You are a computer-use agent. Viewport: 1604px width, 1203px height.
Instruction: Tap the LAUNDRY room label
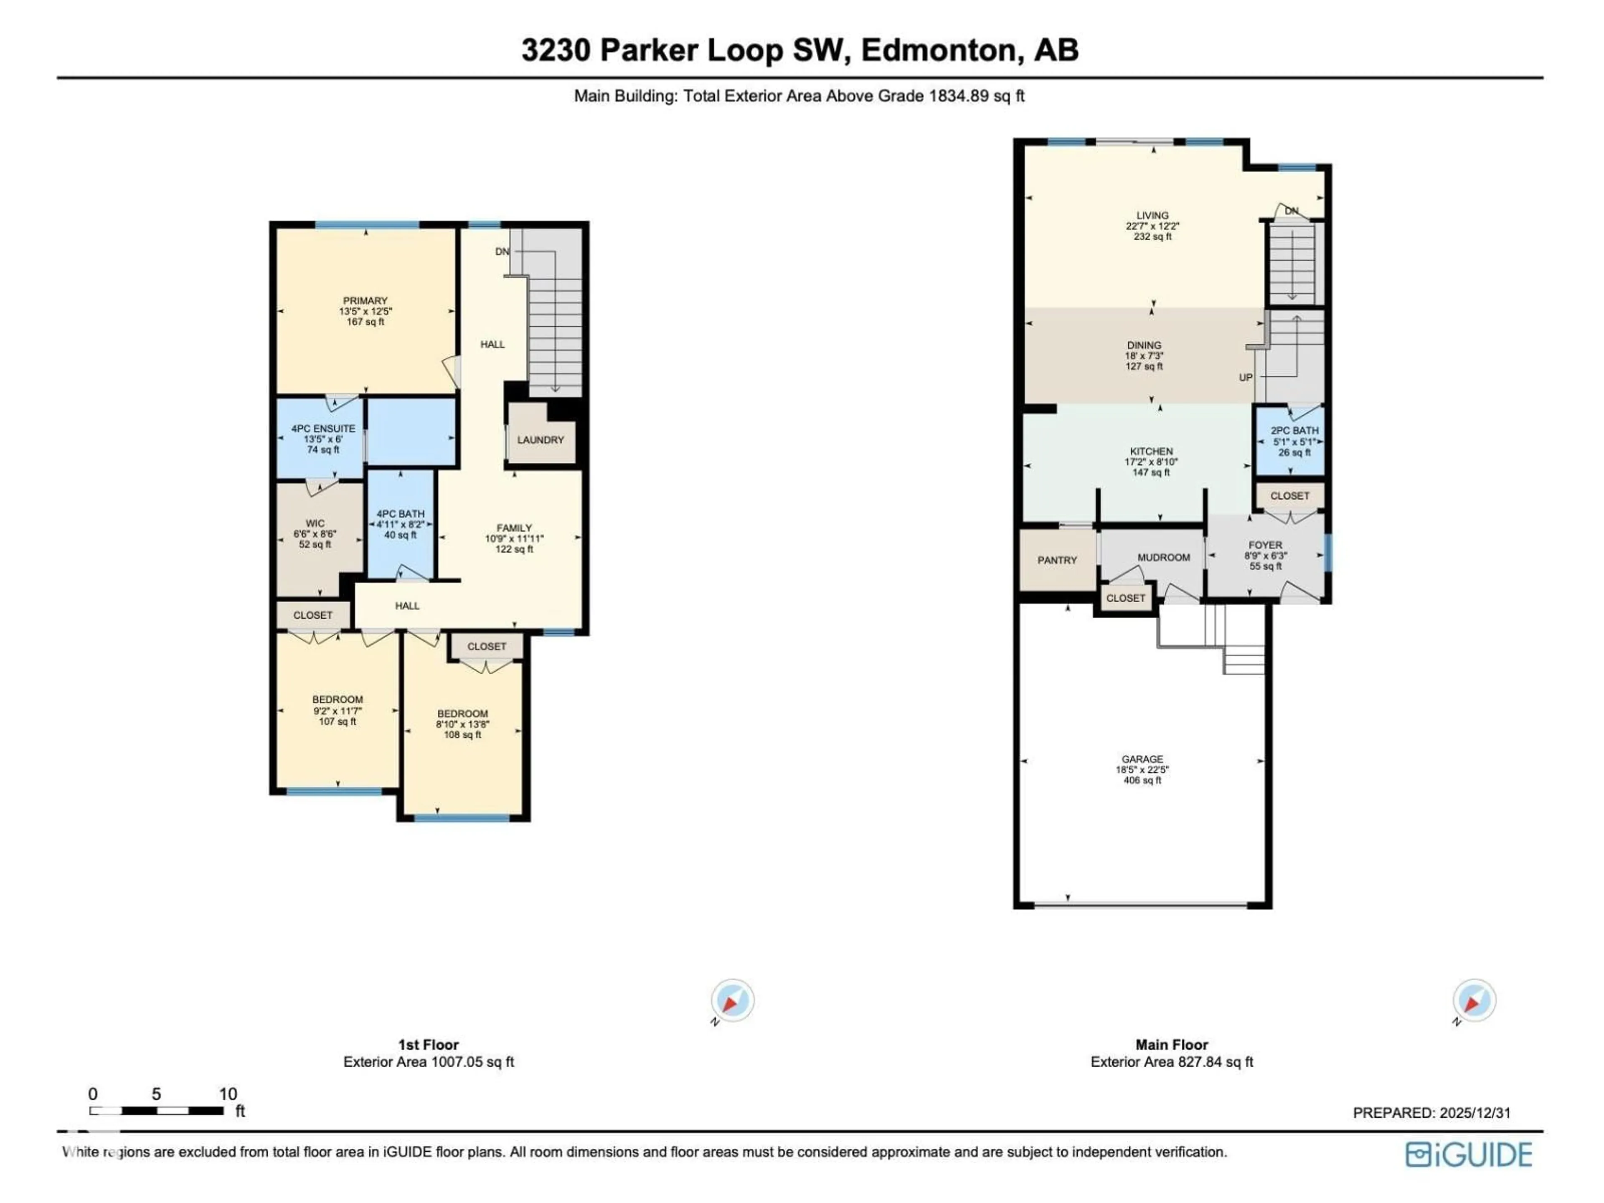540,440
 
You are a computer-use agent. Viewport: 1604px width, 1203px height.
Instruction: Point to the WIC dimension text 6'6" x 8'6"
315,534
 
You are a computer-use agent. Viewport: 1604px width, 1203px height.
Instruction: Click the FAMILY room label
514,528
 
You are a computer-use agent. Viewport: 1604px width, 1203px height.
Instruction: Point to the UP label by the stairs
1245,378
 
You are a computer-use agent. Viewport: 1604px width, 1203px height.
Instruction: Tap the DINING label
1144,345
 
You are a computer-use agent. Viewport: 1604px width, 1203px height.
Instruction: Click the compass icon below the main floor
1474,1001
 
